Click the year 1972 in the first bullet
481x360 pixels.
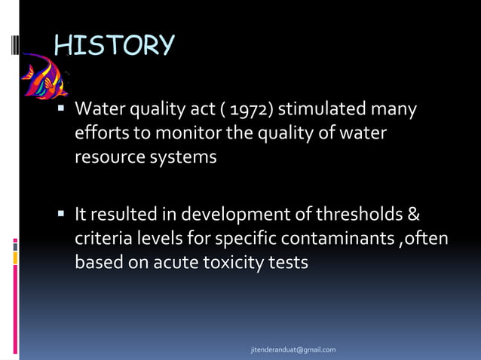pos(256,111)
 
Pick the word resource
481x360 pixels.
pos(106,159)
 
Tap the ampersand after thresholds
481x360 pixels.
pos(413,215)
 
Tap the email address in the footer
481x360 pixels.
pos(293,350)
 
